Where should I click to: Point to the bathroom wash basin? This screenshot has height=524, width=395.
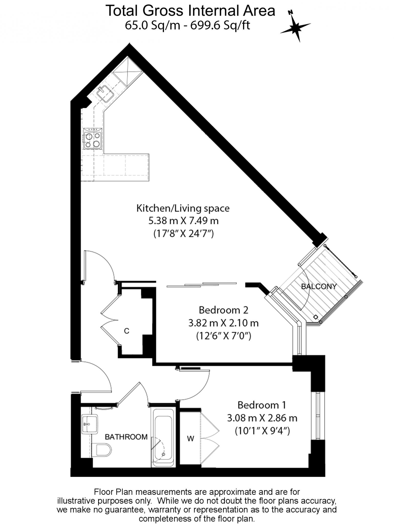coord(89,424)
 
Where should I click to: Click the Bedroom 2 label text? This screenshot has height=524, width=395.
coord(223,310)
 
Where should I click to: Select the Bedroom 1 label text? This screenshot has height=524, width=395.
coord(262,405)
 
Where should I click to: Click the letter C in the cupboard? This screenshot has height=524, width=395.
coord(127,331)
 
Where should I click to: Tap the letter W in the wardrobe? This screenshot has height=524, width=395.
coord(190,439)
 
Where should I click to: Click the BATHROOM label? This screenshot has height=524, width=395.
coord(126,437)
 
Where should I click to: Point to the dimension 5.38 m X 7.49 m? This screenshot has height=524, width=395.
coord(183,221)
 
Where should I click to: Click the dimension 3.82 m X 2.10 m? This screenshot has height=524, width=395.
coord(223,323)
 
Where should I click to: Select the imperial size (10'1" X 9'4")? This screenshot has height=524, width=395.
coord(262,431)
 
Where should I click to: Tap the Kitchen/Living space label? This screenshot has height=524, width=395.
coord(183,208)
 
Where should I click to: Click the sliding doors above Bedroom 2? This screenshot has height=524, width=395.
coord(202,284)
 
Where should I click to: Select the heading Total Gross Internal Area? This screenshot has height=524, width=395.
coord(190,11)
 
